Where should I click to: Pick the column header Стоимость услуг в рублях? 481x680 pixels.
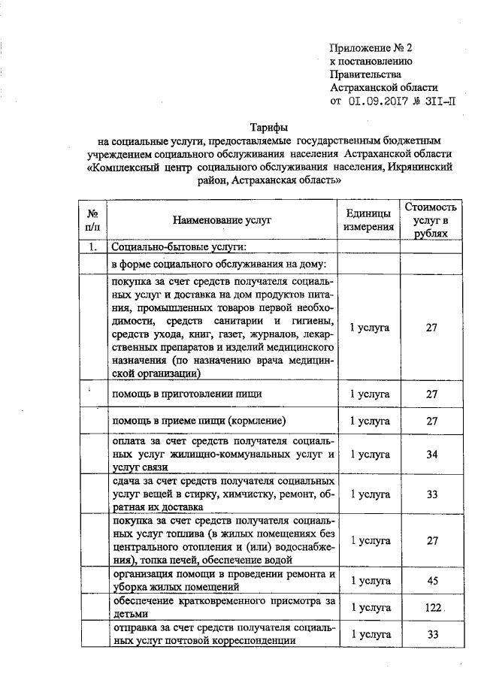[x=431, y=219]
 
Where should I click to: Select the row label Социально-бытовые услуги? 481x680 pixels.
[x=179, y=247]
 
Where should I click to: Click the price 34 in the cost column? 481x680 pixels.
[x=431, y=455]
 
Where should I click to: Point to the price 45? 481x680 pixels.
[x=431, y=581]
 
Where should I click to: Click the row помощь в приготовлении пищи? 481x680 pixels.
[x=187, y=393]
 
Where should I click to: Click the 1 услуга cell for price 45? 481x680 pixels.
[x=369, y=581]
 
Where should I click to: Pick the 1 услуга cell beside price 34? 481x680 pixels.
[x=369, y=455]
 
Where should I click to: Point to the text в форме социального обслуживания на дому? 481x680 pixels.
[x=219, y=265]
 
